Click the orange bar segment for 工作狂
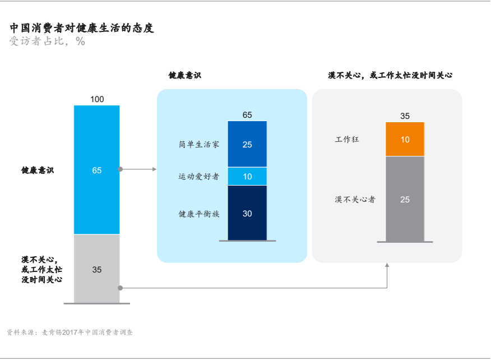405,139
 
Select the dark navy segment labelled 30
247,213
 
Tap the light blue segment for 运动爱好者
247,177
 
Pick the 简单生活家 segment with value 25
247,144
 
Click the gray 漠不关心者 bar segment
405,199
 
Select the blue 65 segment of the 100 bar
97,170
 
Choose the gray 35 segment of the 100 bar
97,269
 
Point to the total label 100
97,99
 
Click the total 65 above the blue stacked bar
247,115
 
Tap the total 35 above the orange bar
405,116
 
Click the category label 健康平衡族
199,214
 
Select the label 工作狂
347,139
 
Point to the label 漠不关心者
355,200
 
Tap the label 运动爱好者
199,177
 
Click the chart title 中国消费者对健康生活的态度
82,28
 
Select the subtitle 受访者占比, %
47,41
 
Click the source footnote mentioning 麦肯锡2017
70,333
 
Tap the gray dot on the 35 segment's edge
121,288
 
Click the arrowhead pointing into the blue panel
154,169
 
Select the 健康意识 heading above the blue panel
185,75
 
